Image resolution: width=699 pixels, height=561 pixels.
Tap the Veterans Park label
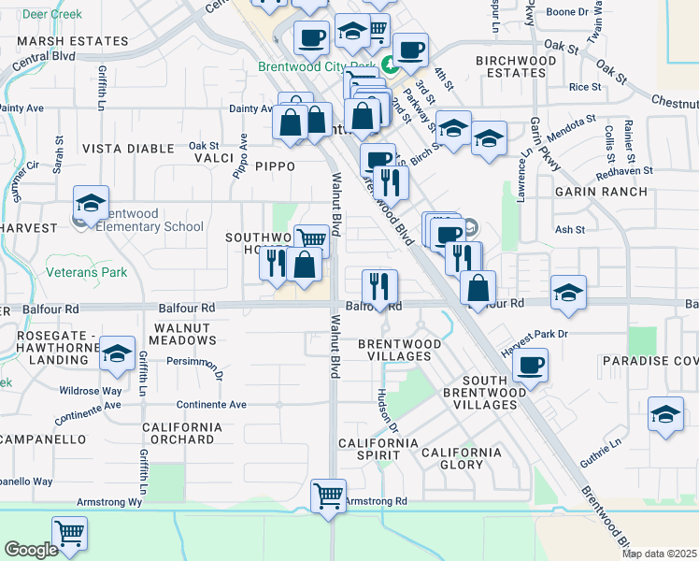pos(85,273)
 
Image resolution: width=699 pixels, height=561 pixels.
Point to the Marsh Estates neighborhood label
pos(72,42)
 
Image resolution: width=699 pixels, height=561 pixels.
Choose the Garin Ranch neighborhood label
pos(600,192)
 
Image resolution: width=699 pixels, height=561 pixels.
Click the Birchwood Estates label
pos(516,66)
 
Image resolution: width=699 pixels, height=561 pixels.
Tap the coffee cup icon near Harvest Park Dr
pos(530,365)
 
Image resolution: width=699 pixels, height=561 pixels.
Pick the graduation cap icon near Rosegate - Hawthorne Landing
pos(117,353)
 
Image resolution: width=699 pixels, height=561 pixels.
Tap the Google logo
pos(32,550)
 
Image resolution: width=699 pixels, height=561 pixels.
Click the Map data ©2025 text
pos(659,554)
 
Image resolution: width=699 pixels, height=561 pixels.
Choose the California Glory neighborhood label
pos(461,458)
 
